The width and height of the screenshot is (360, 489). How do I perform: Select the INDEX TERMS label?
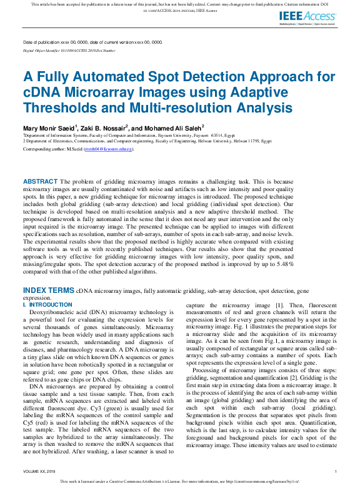49,290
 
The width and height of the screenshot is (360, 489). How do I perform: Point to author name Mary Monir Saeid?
49,127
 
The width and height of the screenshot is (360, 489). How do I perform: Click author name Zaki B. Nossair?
104,127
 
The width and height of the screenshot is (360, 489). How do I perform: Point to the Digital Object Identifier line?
69,50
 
